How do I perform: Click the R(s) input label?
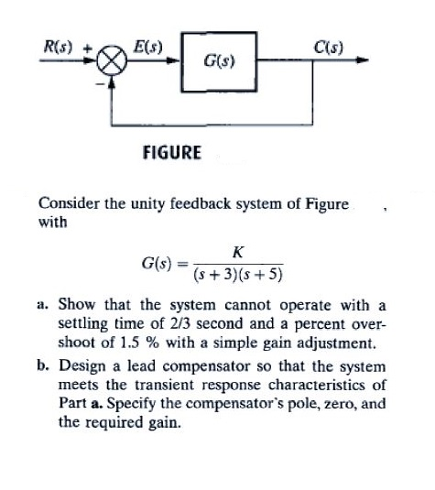[x=58, y=48]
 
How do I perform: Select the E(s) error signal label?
[x=148, y=48]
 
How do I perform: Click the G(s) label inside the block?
[x=219, y=61]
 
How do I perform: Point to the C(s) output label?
[x=328, y=48]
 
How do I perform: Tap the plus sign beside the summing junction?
[x=88, y=49]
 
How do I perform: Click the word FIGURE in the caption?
[x=172, y=153]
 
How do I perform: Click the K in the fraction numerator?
[x=238, y=252]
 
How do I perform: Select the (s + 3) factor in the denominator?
[x=216, y=275]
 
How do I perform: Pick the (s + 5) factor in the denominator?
[x=261, y=275]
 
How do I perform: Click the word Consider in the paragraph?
[x=69, y=203]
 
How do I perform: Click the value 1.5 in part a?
[x=129, y=343]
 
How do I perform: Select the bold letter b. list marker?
[x=43, y=365]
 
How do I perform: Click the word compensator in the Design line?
[x=206, y=367]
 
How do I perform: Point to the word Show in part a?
[x=76, y=304]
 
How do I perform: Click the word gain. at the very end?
[x=164, y=423]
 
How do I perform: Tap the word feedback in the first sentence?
[x=201, y=203]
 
